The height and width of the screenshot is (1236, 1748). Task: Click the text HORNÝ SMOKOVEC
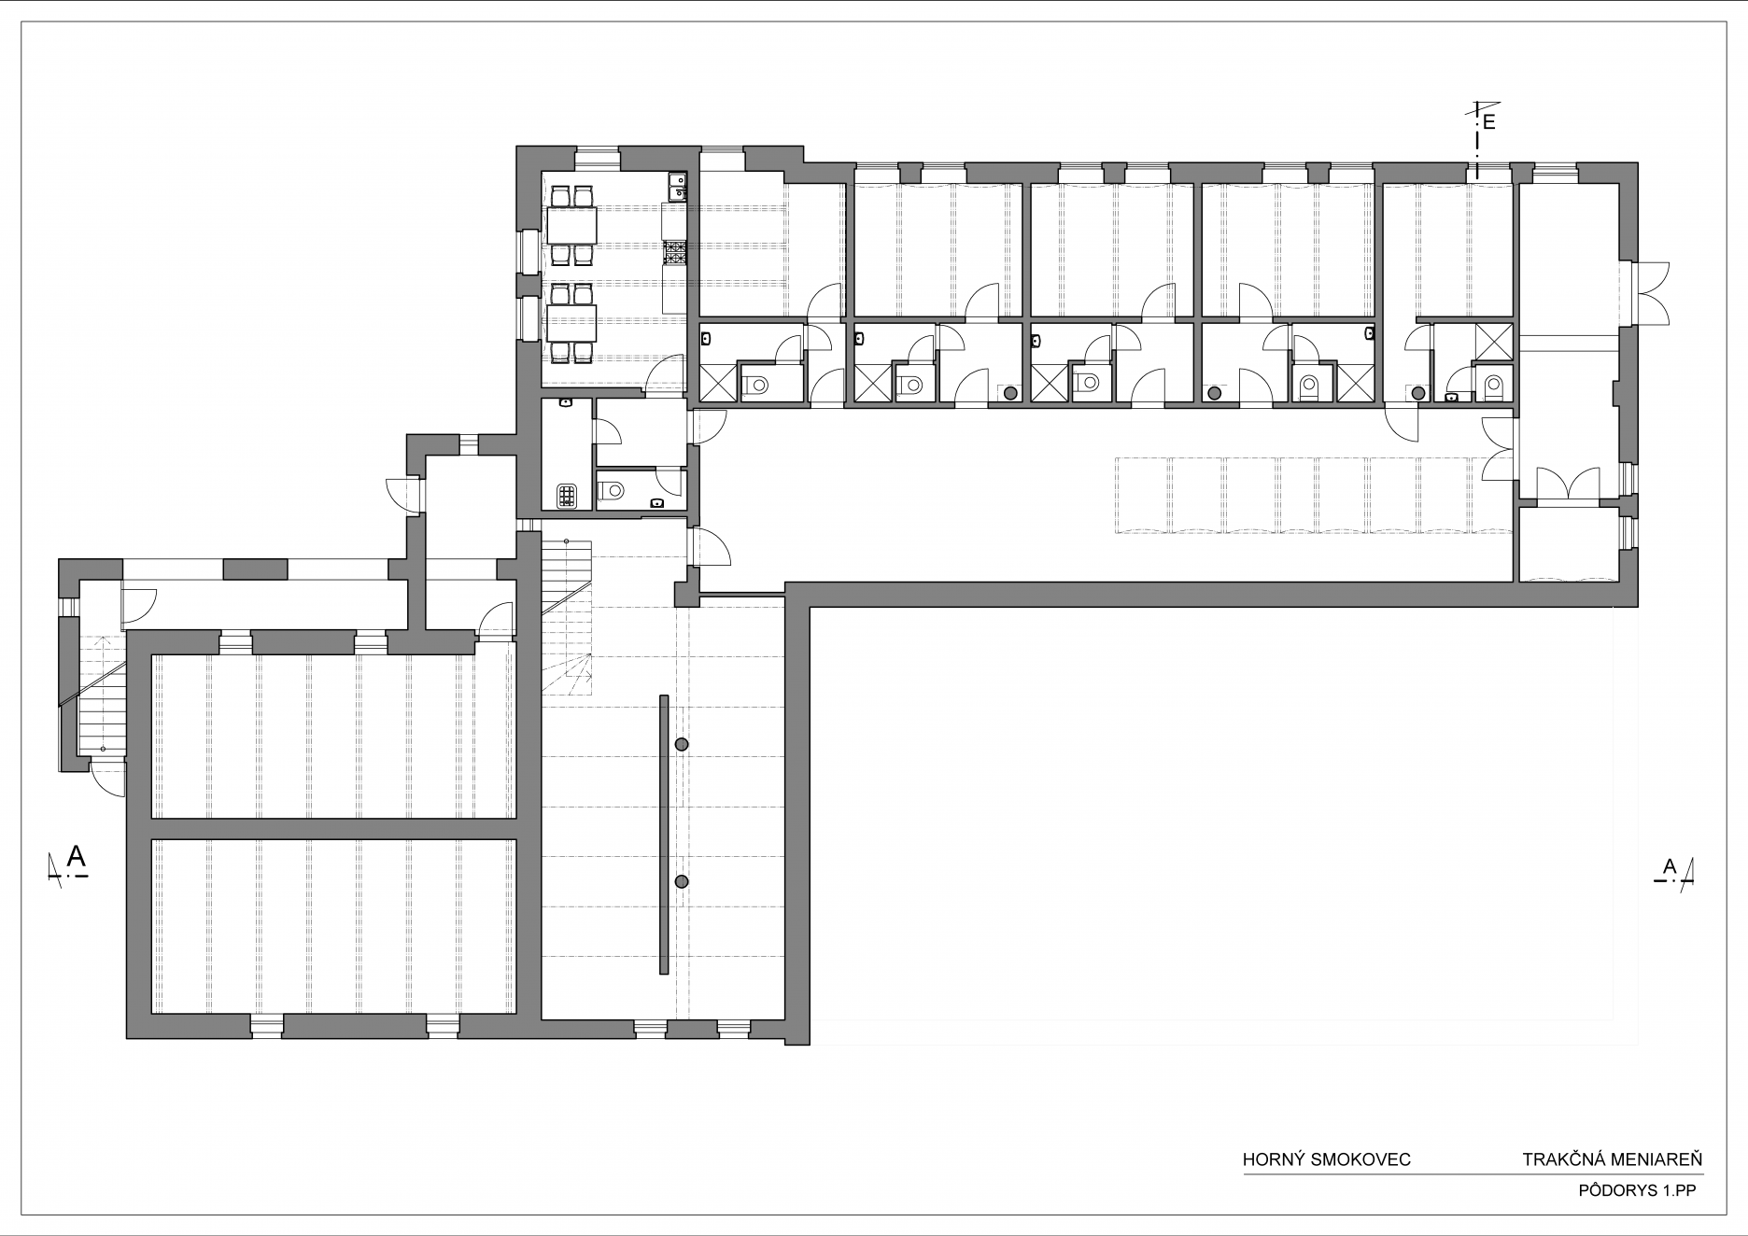coord(1326,1160)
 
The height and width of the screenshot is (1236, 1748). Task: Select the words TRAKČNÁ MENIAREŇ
coord(1613,1160)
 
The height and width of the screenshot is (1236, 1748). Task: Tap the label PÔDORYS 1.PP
coord(1636,1190)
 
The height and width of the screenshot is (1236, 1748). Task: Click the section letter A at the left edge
coord(78,855)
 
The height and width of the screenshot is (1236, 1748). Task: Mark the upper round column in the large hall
coord(682,744)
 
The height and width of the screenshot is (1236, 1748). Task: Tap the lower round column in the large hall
coord(682,881)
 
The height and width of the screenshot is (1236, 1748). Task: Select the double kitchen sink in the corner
coord(677,187)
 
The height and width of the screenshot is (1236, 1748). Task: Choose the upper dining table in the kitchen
coord(572,224)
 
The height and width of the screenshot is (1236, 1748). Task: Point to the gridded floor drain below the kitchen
coord(568,496)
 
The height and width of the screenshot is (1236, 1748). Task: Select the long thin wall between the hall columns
coord(664,835)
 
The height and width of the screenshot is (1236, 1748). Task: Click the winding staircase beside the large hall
coord(567,616)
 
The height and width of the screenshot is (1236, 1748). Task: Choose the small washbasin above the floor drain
coord(566,403)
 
